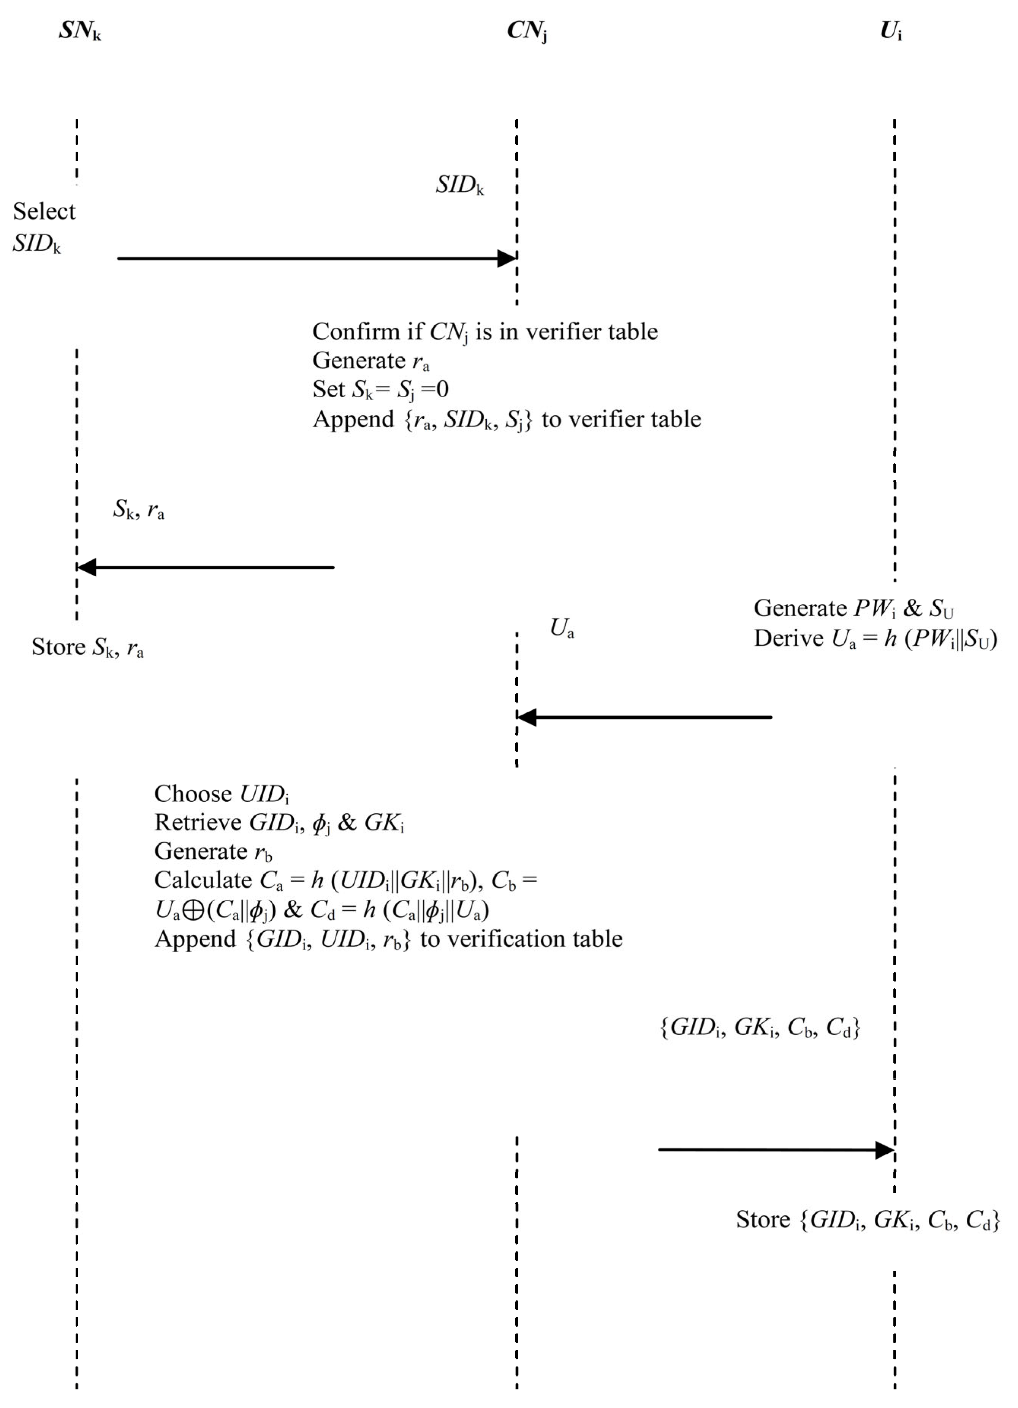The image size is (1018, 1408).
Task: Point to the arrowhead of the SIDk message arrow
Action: [508, 258]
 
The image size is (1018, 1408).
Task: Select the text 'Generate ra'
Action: [370, 361]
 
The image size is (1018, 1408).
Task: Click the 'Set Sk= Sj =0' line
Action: [380, 389]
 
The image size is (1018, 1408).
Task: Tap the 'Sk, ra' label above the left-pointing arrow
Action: [138, 509]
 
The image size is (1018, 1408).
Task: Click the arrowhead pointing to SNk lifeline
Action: [86, 567]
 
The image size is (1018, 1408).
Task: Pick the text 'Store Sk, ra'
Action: [87, 647]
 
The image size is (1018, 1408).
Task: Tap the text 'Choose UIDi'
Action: [222, 794]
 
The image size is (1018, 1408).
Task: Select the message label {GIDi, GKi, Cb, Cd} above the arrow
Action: [760, 1027]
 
